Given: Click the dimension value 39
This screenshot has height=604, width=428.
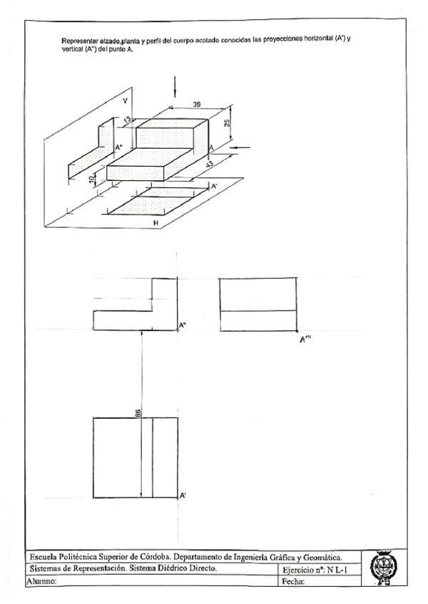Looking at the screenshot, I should (186, 105).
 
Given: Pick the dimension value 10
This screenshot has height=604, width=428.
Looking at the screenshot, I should (92, 181).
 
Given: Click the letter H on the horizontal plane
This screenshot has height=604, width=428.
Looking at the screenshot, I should (156, 223).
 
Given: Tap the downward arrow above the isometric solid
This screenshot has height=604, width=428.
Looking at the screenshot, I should (174, 86).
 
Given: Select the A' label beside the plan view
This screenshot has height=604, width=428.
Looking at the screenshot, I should (183, 495).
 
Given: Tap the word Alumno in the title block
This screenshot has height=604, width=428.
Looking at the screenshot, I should (41, 582).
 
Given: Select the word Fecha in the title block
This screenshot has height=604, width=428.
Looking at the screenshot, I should (294, 582).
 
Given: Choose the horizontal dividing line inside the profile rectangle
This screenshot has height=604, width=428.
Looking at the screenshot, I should (258, 311).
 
